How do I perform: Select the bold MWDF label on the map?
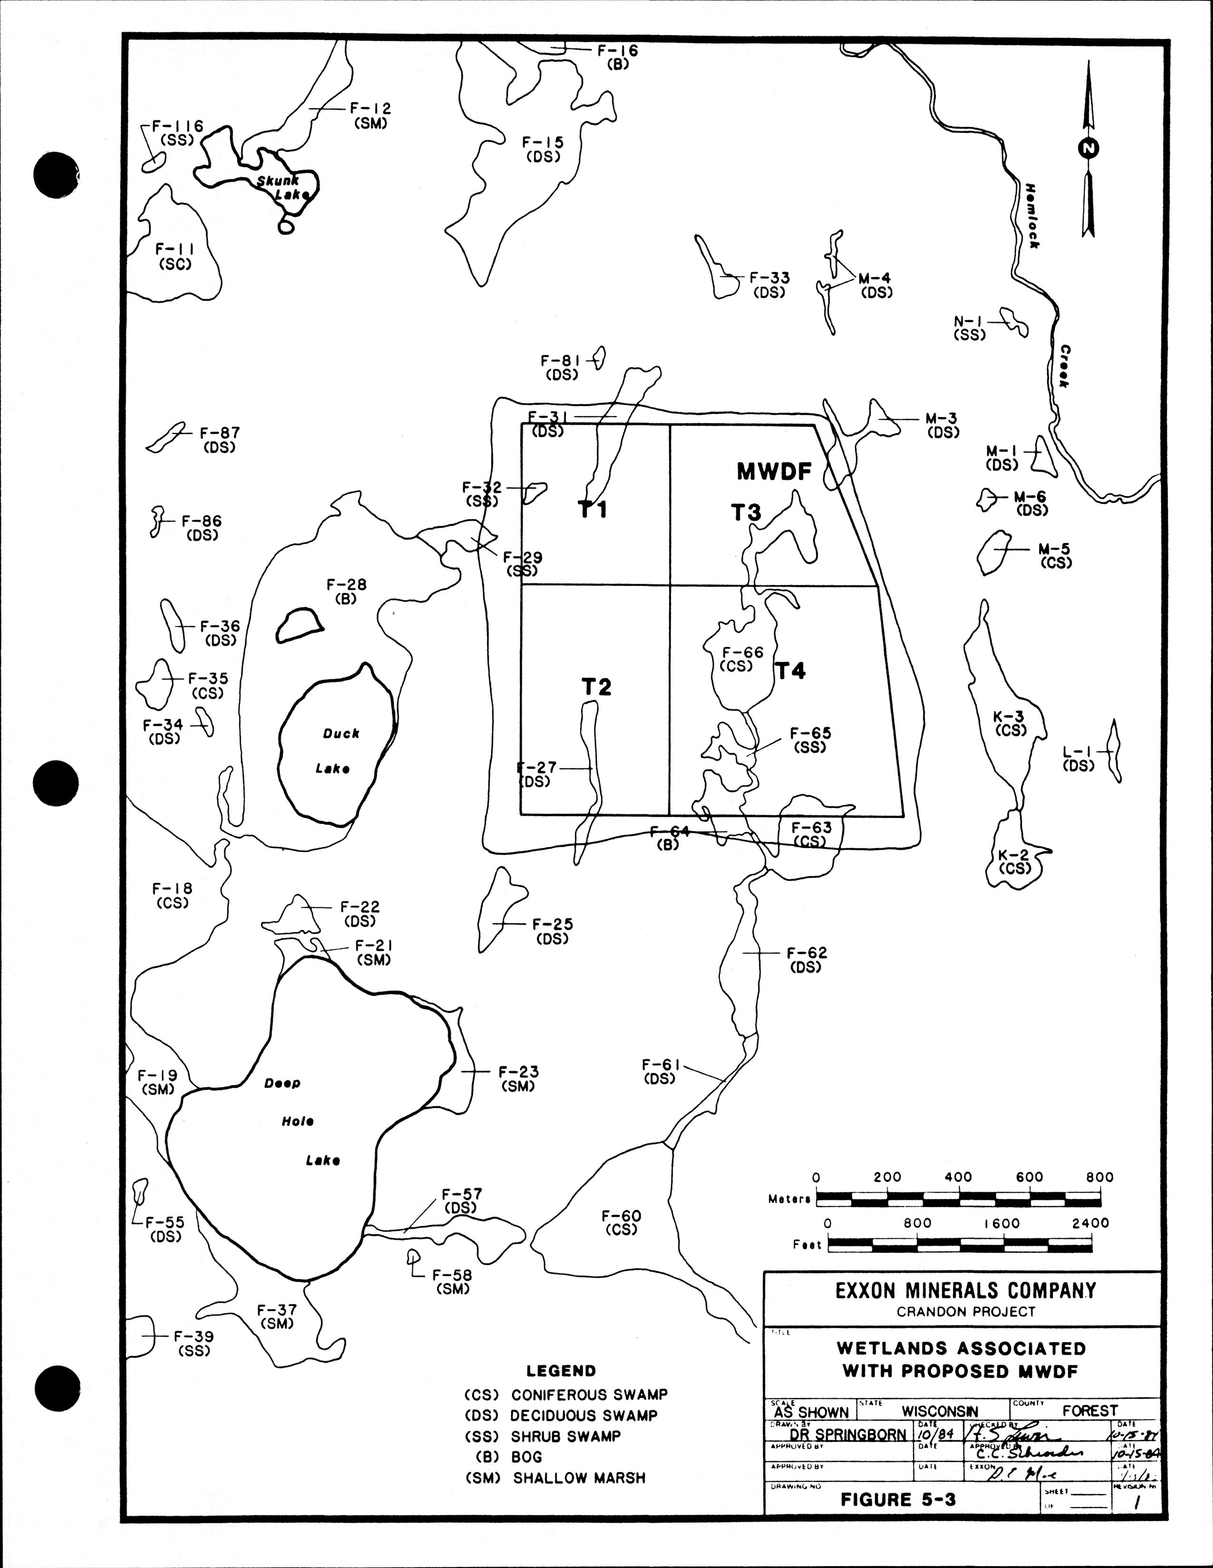click(774, 472)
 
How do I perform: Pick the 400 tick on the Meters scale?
click(958, 1177)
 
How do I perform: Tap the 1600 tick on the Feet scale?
click(1001, 1223)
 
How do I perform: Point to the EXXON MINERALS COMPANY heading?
click(965, 1291)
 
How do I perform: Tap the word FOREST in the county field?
click(1089, 1411)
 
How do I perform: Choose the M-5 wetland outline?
click(994, 551)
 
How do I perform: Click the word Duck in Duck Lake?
click(341, 734)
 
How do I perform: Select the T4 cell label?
click(790, 671)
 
